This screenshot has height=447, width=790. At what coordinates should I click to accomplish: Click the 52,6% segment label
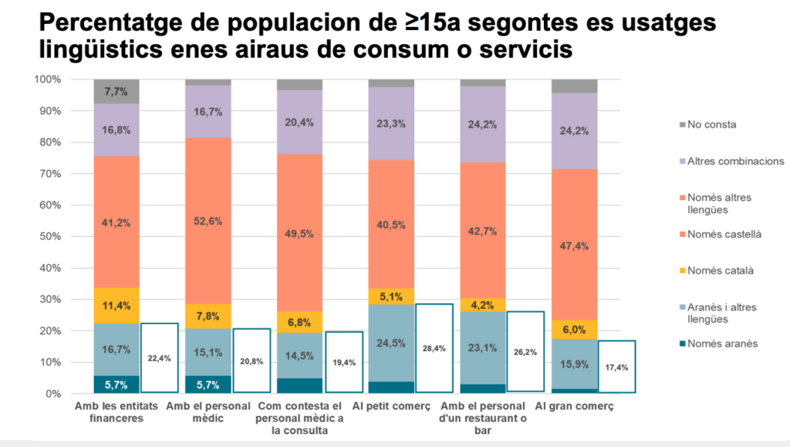tap(208, 221)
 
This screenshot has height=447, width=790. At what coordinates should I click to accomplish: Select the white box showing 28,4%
tap(434, 348)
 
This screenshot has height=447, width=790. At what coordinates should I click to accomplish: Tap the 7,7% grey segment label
tap(116, 91)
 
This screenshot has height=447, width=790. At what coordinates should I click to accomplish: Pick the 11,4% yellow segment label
tap(116, 306)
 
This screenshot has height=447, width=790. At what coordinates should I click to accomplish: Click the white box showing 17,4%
tap(618, 367)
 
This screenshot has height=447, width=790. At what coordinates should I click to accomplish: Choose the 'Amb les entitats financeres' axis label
tap(116, 411)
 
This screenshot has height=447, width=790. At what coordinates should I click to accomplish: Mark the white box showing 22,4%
tap(160, 357)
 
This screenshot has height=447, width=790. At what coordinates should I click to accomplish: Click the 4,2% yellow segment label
tap(482, 305)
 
